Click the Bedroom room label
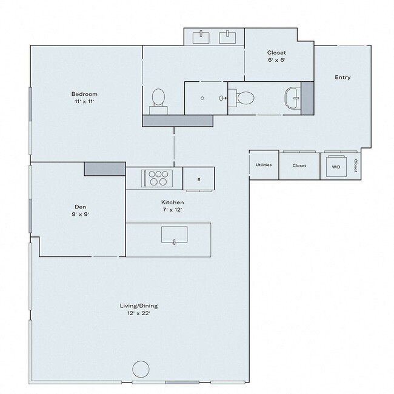point(84,94)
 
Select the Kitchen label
point(172,202)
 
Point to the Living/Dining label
point(138,306)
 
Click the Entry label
point(342,78)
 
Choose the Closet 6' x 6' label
point(276,60)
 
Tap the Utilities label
point(264,165)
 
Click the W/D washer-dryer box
point(335,166)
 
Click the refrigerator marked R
point(199,179)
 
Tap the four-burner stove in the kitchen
point(158,178)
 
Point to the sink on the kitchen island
point(174,234)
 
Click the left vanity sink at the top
point(201,38)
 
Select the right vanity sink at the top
point(229,38)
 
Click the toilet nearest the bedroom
point(158,98)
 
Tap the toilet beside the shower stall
point(245,98)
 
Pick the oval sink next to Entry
point(293,98)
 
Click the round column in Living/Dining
point(141,369)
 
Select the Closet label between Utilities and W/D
point(299,165)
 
